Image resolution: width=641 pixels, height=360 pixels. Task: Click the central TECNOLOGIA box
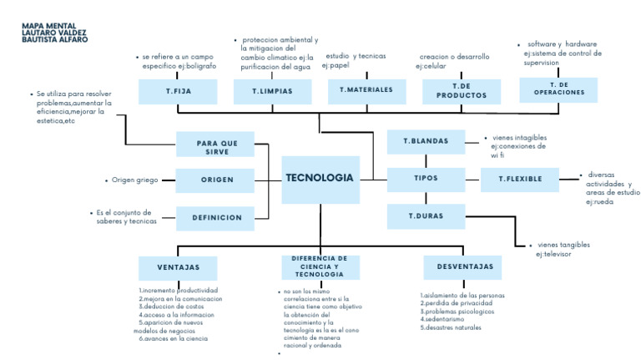click(x=320, y=179)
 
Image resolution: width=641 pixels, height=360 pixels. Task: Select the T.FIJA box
click(x=178, y=91)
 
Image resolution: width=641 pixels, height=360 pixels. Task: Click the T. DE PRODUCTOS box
click(x=461, y=91)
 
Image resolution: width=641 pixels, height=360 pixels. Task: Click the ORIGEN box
click(x=216, y=180)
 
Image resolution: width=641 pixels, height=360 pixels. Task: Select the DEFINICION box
click(x=216, y=218)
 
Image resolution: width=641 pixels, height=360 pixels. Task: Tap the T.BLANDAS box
click(x=426, y=142)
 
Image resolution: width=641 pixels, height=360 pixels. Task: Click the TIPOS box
click(x=426, y=179)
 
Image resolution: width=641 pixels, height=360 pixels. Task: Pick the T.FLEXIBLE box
click(x=519, y=179)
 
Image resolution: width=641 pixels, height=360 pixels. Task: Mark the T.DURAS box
click(x=426, y=216)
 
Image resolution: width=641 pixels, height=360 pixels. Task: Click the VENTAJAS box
click(x=178, y=267)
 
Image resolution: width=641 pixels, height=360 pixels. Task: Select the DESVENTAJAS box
click(x=463, y=267)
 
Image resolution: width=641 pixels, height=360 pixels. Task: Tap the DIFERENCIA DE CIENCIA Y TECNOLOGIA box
click(x=319, y=266)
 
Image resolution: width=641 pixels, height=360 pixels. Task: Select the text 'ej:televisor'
click(x=554, y=253)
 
